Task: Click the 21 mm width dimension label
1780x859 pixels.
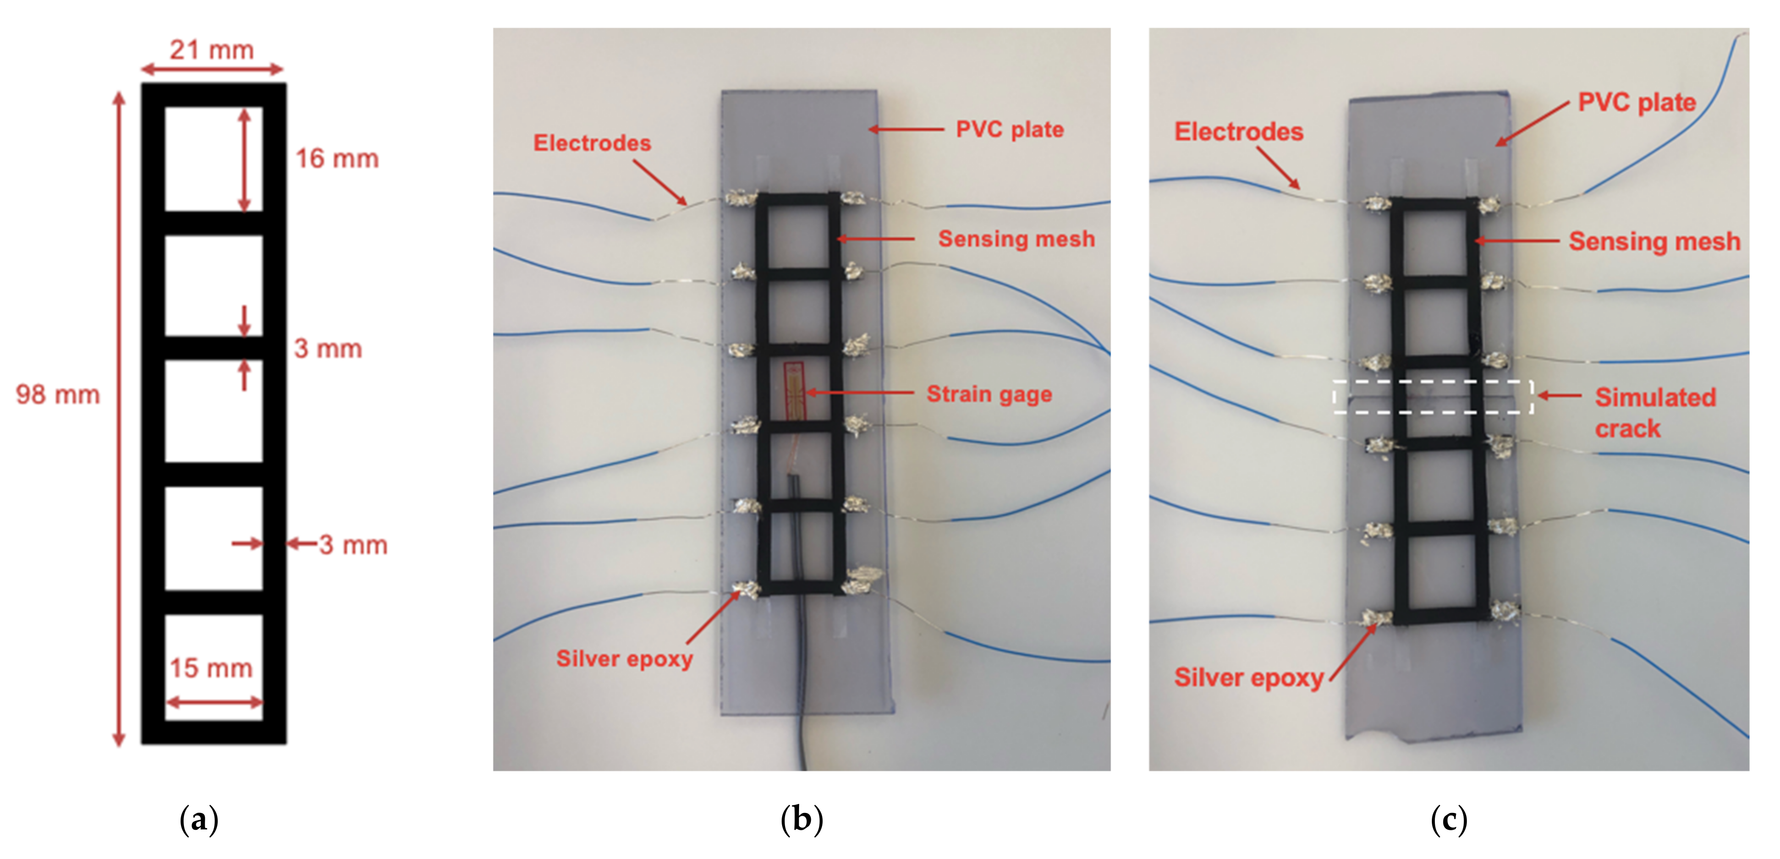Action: click(x=212, y=50)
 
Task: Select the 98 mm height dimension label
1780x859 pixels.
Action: click(x=58, y=394)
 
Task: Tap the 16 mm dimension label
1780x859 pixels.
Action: click(x=337, y=159)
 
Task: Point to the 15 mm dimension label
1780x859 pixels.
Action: click(x=212, y=668)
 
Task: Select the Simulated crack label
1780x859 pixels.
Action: click(x=1655, y=412)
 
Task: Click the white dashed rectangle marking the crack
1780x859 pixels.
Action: click(x=1432, y=397)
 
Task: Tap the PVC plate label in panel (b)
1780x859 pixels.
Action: click(x=1010, y=129)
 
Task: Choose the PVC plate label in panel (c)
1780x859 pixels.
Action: click(x=1636, y=102)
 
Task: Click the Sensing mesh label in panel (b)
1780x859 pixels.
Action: click(x=1016, y=239)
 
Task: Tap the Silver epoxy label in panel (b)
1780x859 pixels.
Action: click(x=624, y=658)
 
